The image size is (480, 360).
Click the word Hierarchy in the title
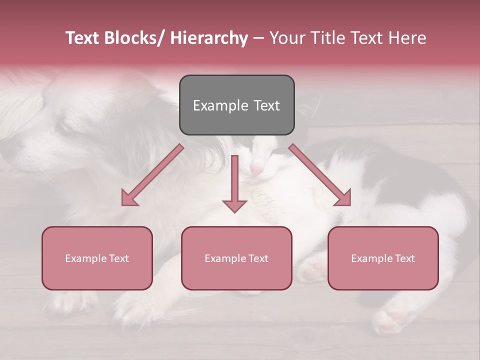[209, 38]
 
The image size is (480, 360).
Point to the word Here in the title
[407, 38]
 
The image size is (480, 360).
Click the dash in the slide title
[258, 38]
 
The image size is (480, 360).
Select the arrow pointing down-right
[320, 175]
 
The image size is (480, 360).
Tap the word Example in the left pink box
[86, 258]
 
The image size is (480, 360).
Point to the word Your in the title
[287, 38]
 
